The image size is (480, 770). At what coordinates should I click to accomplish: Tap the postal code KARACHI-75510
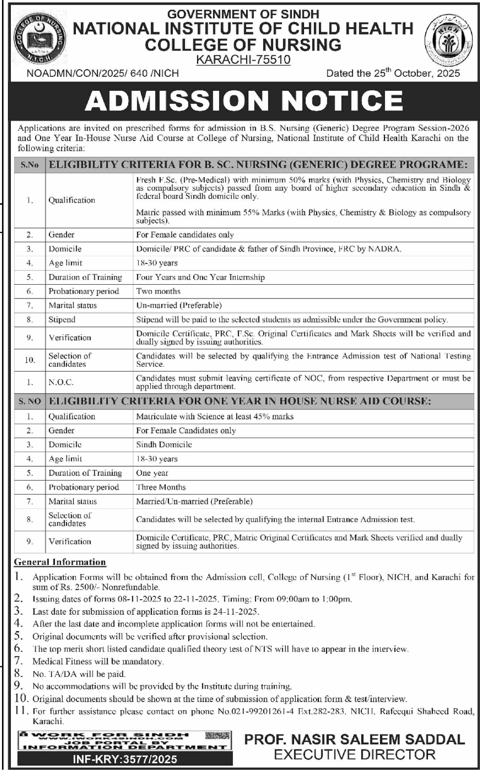243,60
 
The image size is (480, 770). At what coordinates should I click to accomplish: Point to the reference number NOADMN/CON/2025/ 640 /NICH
103,74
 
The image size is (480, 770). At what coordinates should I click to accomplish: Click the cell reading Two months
158,291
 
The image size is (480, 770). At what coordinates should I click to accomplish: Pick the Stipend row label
62,319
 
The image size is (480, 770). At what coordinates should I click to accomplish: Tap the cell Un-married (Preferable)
179,305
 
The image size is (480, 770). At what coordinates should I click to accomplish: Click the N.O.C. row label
61,382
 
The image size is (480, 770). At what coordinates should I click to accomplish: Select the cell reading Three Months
161,487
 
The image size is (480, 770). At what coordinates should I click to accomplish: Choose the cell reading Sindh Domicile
164,444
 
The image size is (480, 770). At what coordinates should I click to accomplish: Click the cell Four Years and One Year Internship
200,277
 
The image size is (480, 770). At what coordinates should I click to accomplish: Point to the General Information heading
60,562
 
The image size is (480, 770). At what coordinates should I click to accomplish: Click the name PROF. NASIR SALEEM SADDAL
354,739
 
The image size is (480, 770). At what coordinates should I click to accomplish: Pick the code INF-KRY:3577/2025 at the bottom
125,759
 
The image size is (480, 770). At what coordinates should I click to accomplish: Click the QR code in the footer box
217,736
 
